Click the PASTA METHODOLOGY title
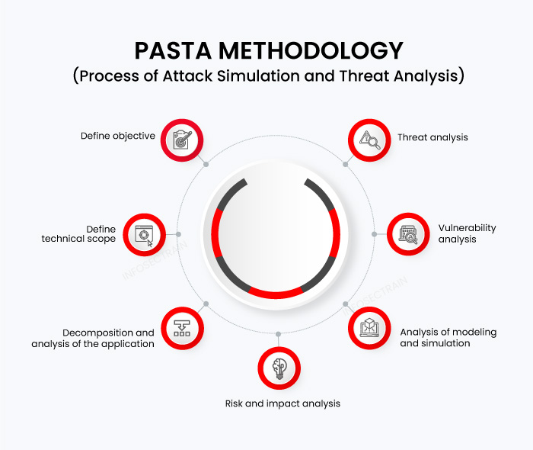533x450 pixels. click(269, 50)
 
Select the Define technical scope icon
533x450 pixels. click(144, 234)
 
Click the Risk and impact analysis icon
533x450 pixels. click(278, 368)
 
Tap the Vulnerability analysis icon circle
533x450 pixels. click(410, 234)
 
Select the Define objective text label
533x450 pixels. click(118, 137)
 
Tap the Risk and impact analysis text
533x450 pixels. click(282, 403)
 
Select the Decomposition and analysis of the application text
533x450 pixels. click(93, 338)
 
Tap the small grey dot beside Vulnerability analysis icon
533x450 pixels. click(374, 234)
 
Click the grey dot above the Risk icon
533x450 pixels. click(278, 333)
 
